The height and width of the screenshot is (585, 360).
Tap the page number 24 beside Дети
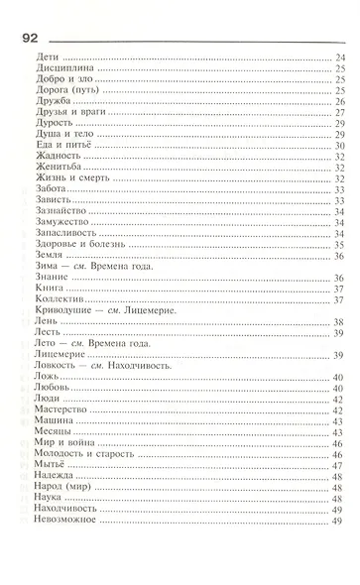tap(339, 61)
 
